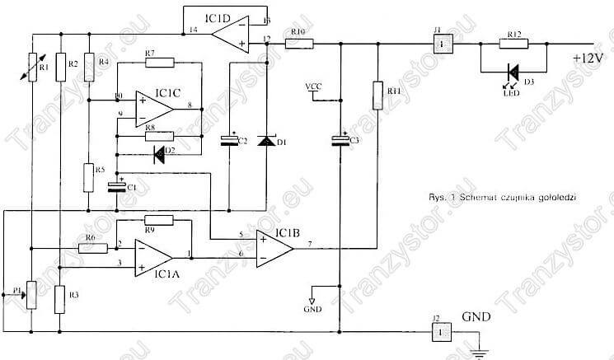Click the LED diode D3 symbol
coord(513,72)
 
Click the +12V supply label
coord(590,58)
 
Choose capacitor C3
coord(338,142)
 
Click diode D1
coord(266,141)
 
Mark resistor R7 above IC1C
coord(158,62)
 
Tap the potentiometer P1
coord(30,293)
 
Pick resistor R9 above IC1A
coord(158,220)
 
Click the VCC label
coord(314,86)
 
